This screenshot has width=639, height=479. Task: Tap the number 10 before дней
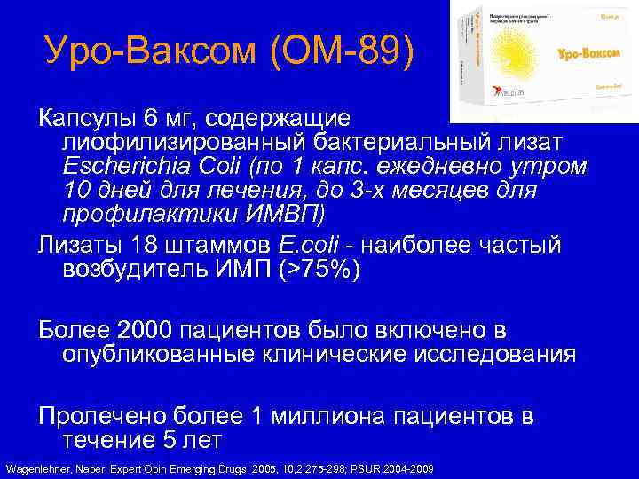point(78,191)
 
